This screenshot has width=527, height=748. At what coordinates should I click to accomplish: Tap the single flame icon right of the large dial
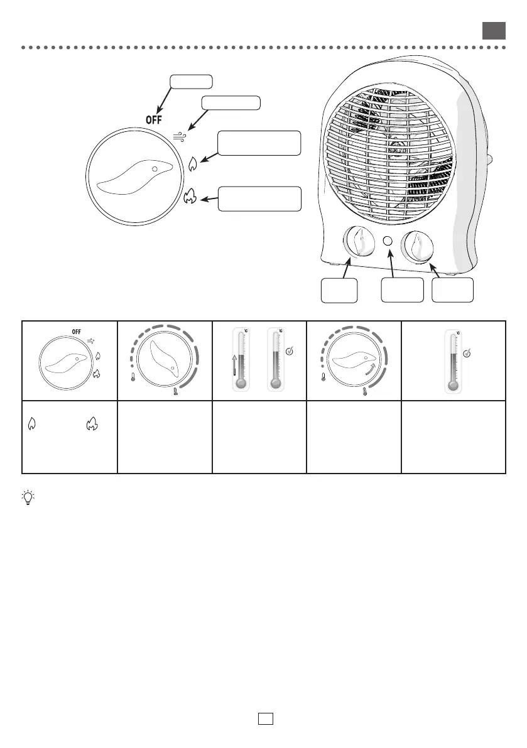pyautogui.click(x=192, y=164)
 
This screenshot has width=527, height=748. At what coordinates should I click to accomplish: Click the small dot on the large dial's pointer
pyautogui.click(x=155, y=170)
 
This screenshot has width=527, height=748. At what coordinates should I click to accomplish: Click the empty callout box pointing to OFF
pyautogui.click(x=191, y=81)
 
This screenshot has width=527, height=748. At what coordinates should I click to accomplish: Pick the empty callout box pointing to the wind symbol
pyautogui.click(x=231, y=103)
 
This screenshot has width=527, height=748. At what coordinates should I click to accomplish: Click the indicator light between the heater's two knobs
pyautogui.click(x=388, y=242)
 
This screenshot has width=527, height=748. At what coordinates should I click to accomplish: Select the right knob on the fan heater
pyautogui.click(x=419, y=246)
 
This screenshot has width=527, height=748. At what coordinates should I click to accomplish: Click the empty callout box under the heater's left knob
pyautogui.click(x=339, y=290)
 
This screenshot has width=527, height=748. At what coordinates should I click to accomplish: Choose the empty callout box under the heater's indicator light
pyautogui.click(x=402, y=290)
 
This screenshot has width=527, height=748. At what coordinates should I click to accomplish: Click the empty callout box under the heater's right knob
pyautogui.click(x=453, y=290)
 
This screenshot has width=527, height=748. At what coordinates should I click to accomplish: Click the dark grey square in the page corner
pyautogui.click(x=494, y=31)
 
